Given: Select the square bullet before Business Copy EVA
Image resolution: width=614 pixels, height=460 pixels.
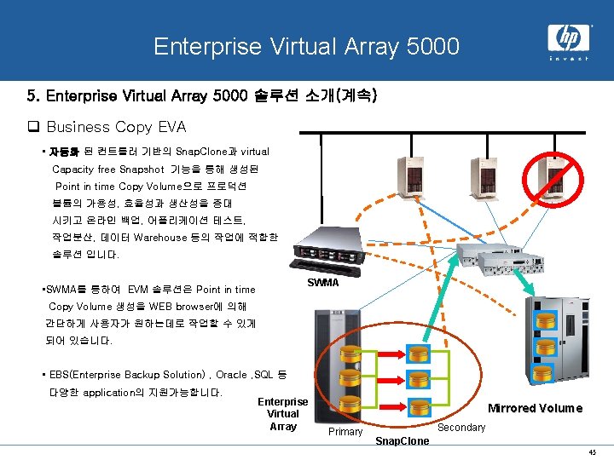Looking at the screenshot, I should tap(35, 127).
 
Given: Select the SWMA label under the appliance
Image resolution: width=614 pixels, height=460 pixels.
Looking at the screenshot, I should tap(322, 282).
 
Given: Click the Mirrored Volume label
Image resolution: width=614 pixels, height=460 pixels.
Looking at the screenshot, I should tap(535, 408).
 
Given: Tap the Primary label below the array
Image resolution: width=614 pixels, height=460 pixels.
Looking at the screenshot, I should tap(345, 432).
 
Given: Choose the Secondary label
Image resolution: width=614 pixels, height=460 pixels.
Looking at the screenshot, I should tap(461, 427).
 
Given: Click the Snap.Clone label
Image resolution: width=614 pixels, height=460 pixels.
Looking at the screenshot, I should tap(403, 440).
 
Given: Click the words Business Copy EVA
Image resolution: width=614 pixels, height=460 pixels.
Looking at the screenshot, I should tap(116, 127).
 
